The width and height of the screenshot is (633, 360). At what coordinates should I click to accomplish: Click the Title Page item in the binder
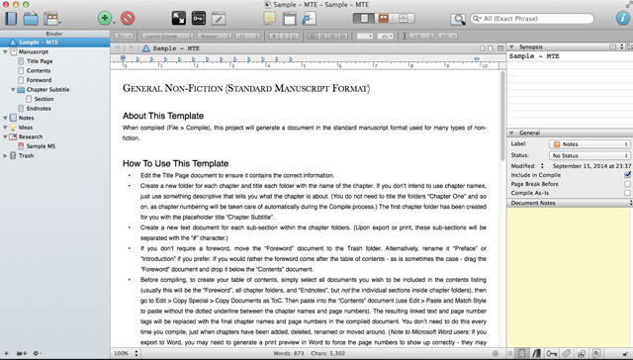40,61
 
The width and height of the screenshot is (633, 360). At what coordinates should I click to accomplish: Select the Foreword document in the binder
39,80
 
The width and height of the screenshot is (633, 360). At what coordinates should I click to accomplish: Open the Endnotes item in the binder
39,108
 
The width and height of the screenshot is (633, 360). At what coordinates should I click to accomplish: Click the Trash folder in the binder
26,155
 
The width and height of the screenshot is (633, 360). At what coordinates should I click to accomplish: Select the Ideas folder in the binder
26,127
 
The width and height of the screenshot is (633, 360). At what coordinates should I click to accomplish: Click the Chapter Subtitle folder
47,89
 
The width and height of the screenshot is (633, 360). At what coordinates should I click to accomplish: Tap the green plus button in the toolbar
106,18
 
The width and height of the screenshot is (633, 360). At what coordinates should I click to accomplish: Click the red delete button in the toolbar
128,18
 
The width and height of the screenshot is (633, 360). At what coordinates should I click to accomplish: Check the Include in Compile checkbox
627,175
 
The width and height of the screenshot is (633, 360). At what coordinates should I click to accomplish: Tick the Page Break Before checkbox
627,184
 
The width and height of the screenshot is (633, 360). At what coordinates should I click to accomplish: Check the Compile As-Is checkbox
627,193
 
